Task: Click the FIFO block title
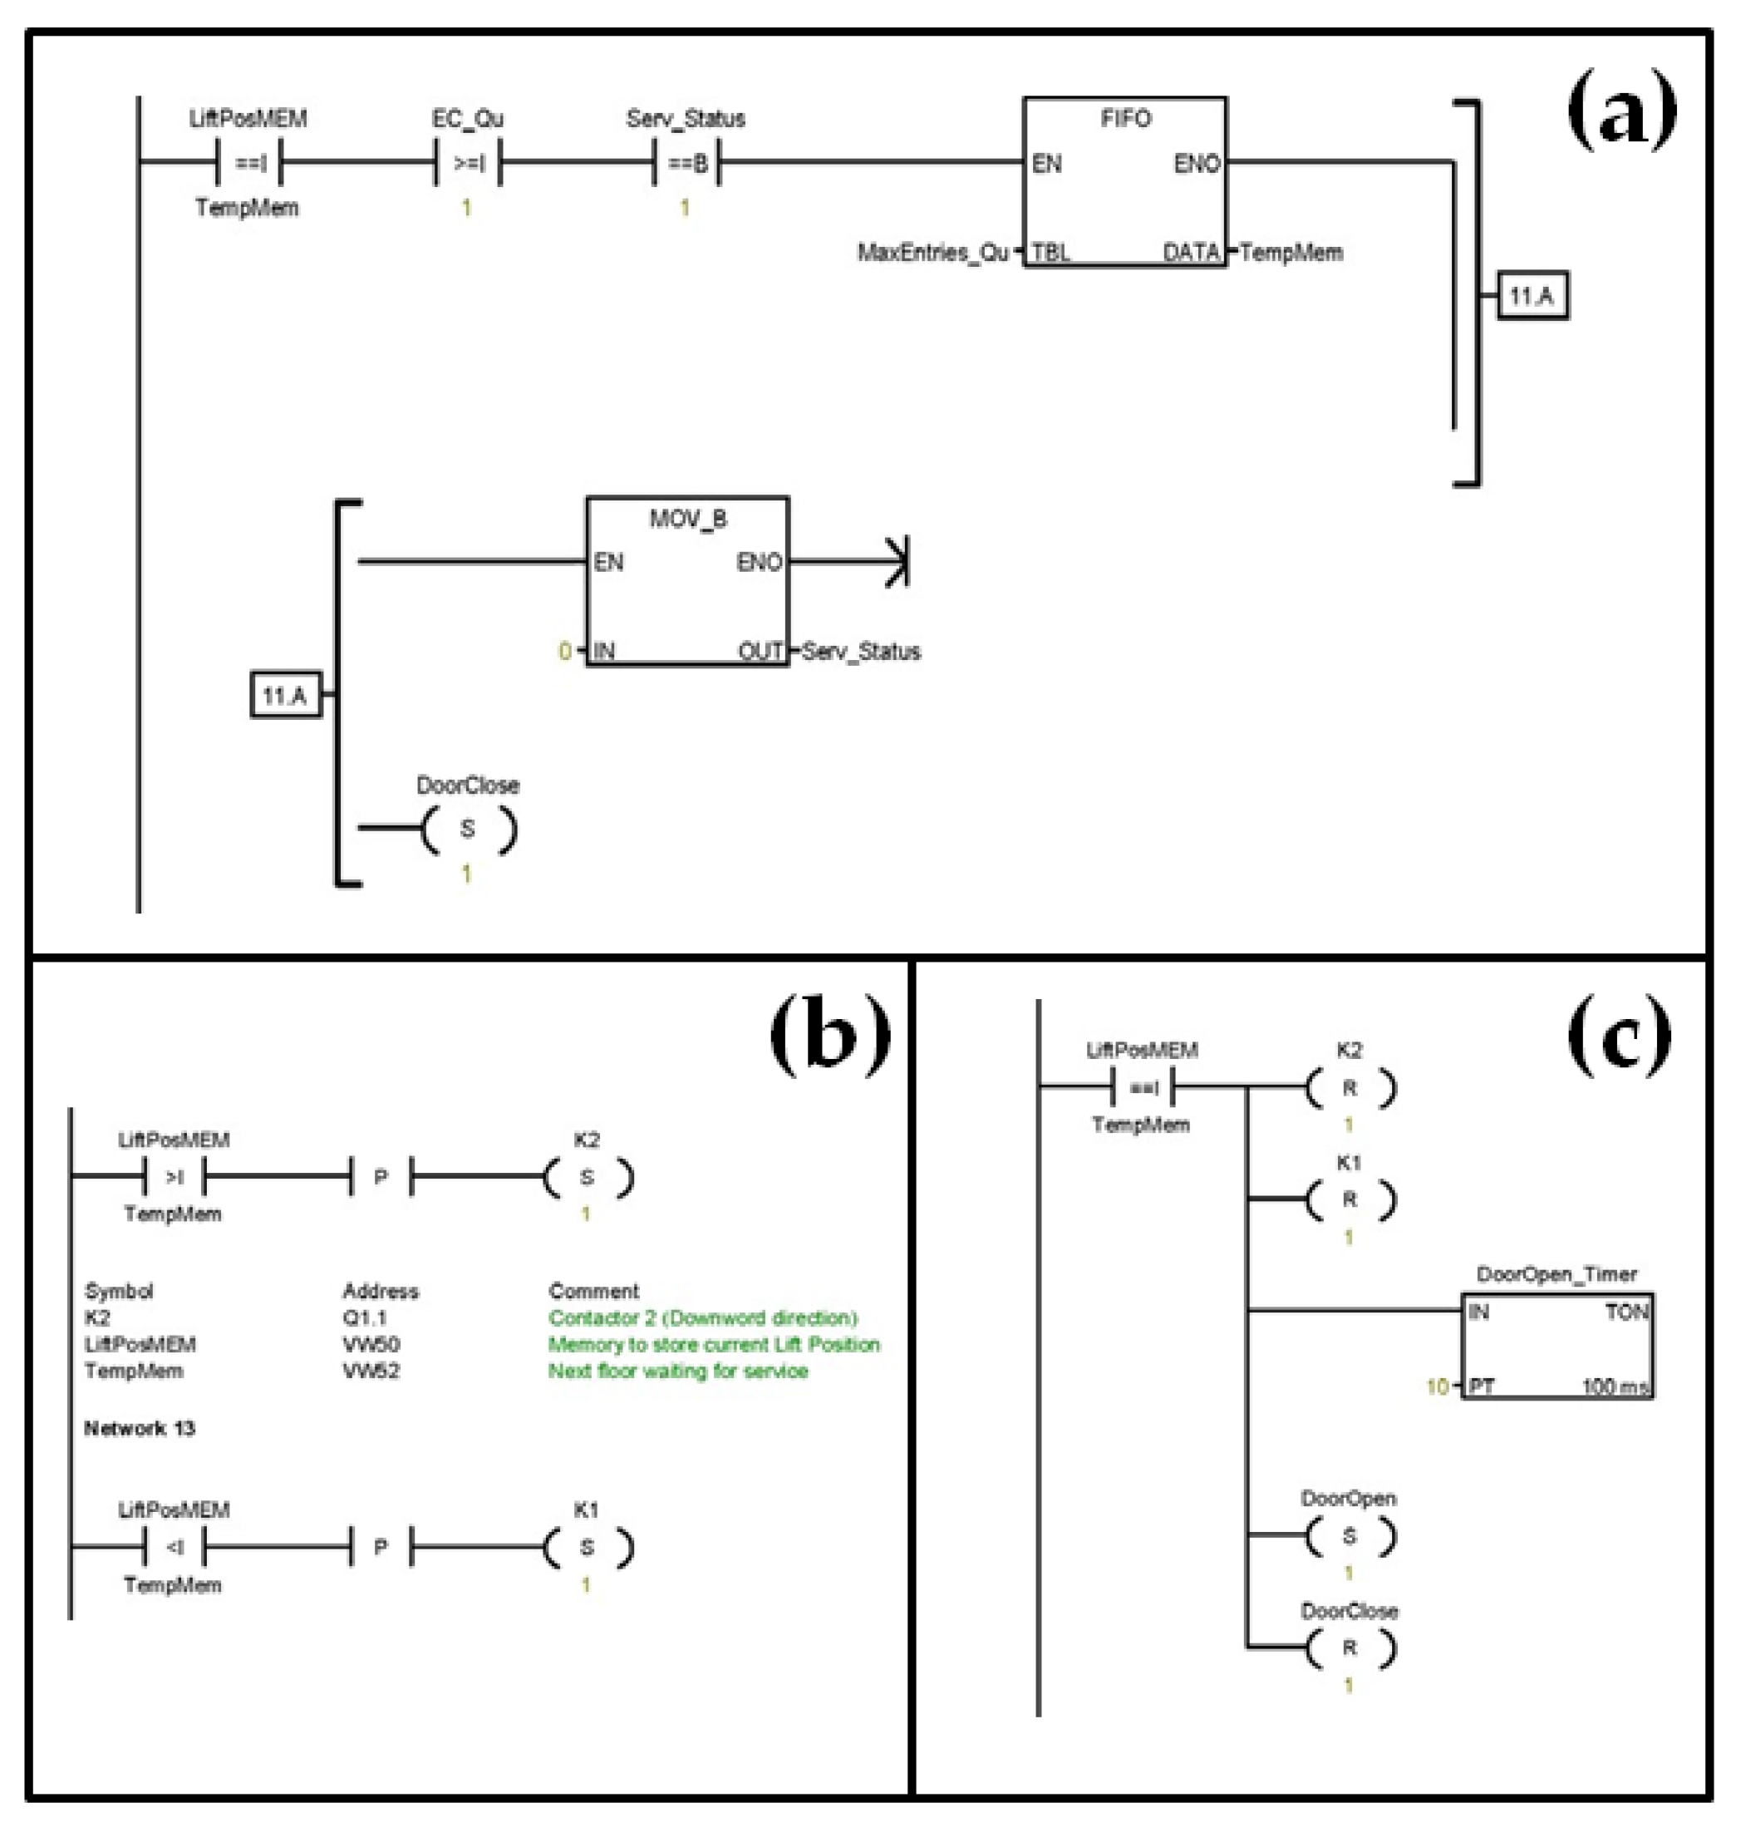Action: [x=1124, y=119]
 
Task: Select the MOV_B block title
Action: [x=688, y=519]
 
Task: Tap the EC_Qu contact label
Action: [x=468, y=119]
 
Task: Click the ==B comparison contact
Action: [x=686, y=165]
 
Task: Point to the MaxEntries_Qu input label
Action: [x=932, y=253]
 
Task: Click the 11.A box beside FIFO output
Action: [x=1532, y=296]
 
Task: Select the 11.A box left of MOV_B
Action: [x=286, y=695]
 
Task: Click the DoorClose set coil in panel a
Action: [x=469, y=829]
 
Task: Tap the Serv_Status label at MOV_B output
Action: [x=861, y=652]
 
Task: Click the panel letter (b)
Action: [x=829, y=1036]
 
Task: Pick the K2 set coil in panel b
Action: [x=588, y=1178]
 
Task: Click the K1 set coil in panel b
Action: [x=588, y=1547]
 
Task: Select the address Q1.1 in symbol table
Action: [x=365, y=1317]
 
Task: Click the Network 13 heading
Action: [x=140, y=1428]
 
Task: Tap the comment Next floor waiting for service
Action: [x=677, y=1371]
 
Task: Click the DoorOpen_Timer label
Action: [x=1557, y=1274]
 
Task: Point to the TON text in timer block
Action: [x=1626, y=1312]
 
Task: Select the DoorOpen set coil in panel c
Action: [x=1350, y=1536]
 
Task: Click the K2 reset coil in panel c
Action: [x=1350, y=1088]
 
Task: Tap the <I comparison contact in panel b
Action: [x=175, y=1547]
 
